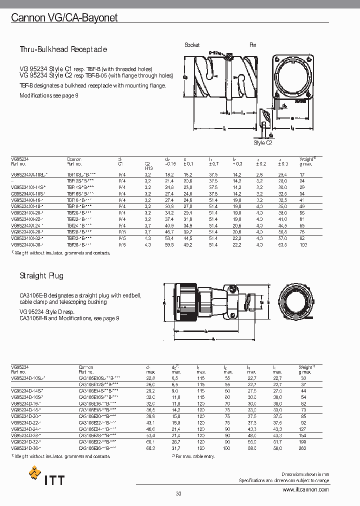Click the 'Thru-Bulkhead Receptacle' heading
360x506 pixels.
63,49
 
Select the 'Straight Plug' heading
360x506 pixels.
41,275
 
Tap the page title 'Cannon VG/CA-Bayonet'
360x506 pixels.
64,18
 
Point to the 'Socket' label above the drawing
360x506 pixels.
192,45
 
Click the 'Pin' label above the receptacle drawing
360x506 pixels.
253,45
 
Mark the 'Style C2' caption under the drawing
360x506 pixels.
262,142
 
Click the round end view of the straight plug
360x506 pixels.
298,302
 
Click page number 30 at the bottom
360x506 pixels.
178,494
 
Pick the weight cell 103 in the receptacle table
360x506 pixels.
302,245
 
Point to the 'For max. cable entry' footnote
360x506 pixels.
194,456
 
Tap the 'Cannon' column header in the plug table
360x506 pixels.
86,367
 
